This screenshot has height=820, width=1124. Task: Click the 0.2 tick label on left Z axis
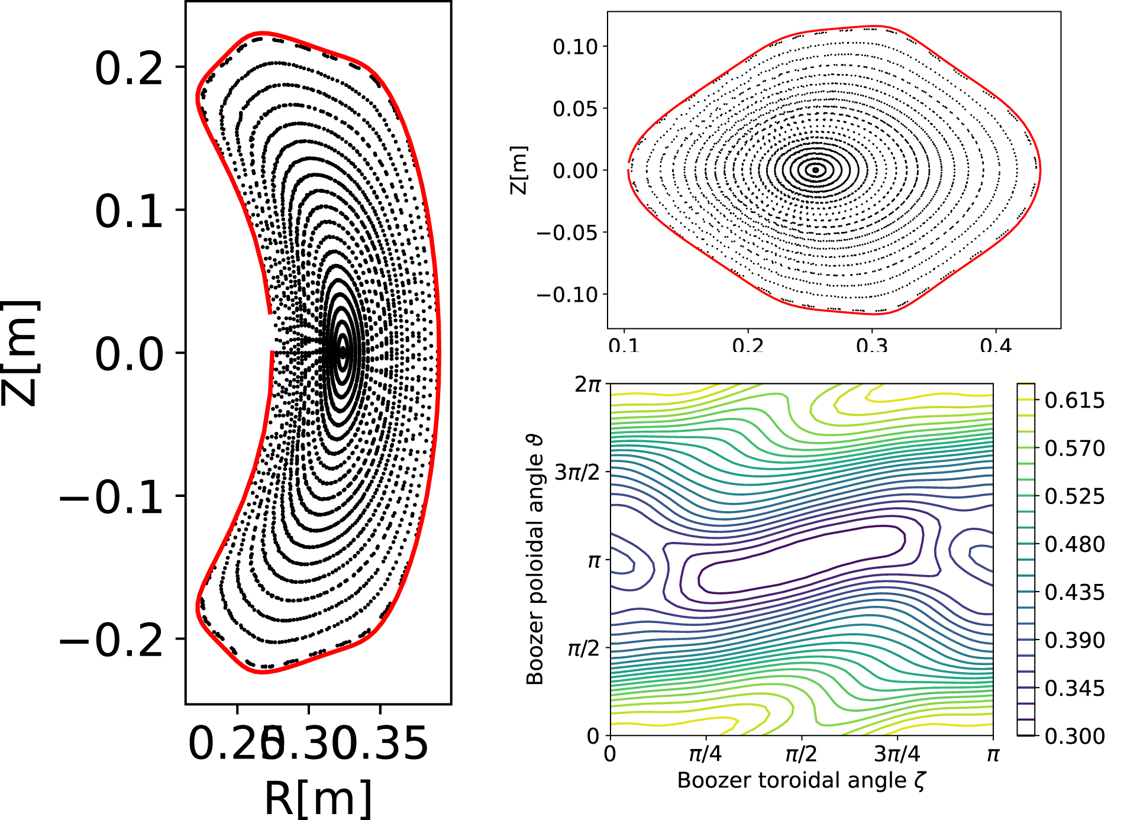(x=128, y=68)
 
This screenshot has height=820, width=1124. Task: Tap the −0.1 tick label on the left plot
(x=111, y=496)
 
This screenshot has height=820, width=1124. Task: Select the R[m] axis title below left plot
(x=318, y=799)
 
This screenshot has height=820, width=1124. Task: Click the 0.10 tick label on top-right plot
(x=575, y=47)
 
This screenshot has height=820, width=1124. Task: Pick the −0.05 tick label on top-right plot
(x=567, y=233)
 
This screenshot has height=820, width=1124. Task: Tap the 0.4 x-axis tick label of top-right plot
(x=996, y=345)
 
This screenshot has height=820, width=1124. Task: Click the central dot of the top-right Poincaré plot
(x=816, y=170)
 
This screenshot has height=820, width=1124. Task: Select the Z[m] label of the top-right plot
(x=518, y=170)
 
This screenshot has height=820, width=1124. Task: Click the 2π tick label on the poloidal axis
(x=587, y=385)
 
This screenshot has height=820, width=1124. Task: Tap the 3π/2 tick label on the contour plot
(x=577, y=473)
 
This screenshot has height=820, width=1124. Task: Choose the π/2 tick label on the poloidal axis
(x=583, y=649)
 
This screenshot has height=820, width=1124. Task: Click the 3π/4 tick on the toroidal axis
(x=897, y=754)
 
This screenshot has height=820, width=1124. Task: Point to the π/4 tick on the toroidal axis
(x=705, y=754)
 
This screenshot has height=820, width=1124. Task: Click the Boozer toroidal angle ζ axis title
(x=801, y=780)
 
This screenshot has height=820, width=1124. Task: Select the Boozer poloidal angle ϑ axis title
(x=535, y=560)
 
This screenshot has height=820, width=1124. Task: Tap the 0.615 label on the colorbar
(x=1074, y=401)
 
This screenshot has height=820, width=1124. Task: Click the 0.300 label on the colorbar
(x=1074, y=736)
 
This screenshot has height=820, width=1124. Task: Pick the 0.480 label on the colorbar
(x=1074, y=544)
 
